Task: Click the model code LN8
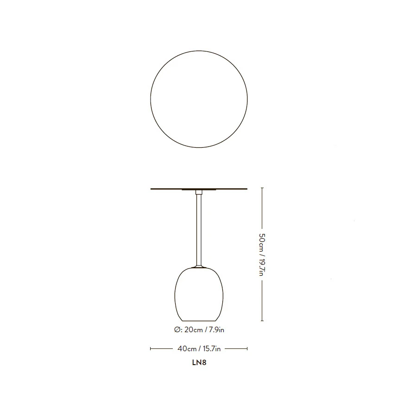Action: coord(199,363)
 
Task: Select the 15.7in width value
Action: coord(212,348)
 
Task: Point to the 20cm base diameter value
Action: coord(194,330)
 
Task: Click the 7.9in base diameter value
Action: coord(216,330)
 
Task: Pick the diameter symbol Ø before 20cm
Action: coord(177,330)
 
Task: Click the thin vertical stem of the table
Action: coord(199,230)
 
